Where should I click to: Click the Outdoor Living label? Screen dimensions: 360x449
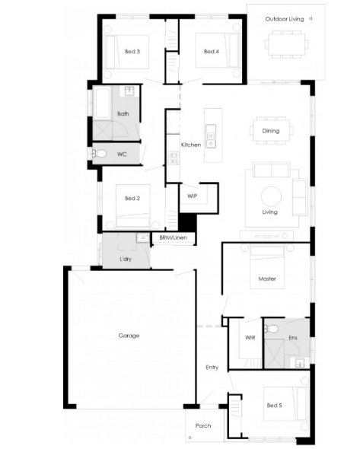click(285, 19)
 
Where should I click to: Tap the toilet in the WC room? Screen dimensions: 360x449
click(99, 154)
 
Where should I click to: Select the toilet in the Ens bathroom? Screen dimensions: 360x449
click(271, 329)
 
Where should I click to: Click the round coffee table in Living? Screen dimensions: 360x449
click(271, 197)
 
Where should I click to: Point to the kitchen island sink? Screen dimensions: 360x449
click(211, 139)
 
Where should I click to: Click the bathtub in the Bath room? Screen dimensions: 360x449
click(102, 103)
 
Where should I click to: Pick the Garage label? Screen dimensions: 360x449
click(129, 336)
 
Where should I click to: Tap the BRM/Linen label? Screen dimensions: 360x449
click(174, 237)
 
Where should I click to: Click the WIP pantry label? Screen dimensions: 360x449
click(192, 196)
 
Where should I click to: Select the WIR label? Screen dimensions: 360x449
click(250, 338)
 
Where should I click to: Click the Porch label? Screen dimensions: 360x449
click(203, 426)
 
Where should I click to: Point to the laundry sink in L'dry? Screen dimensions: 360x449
click(142, 237)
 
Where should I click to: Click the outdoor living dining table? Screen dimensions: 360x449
click(286, 44)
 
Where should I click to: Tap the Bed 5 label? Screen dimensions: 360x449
click(274, 405)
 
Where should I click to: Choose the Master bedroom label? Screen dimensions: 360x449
click(267, 279)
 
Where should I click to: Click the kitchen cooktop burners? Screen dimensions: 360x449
click(173, 158)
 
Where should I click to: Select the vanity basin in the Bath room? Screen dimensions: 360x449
click(130, 91)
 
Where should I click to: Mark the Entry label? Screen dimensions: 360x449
click(212, 368)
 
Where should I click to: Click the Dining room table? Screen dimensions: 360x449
click(271, 131)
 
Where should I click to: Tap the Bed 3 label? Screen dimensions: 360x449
click(132, 52)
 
